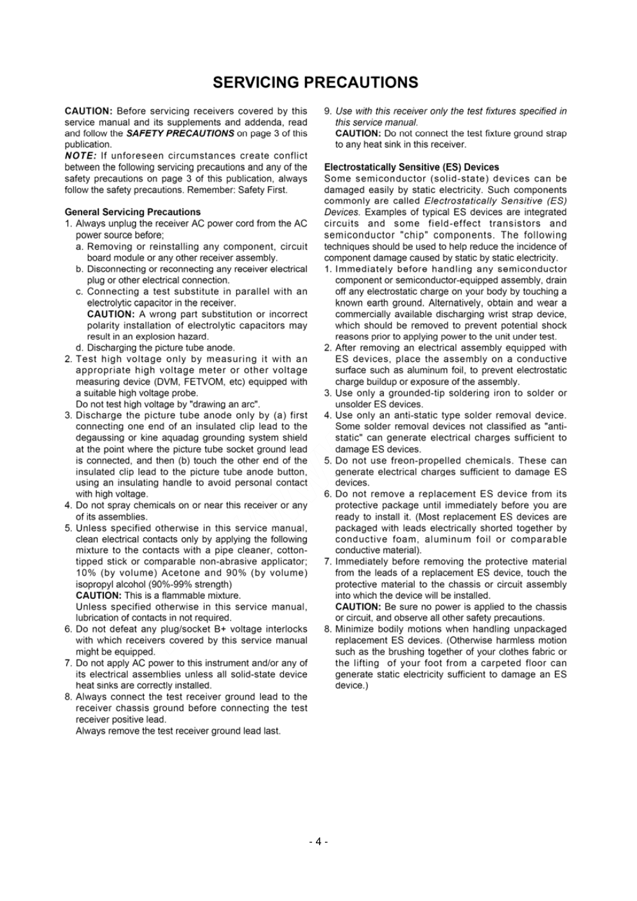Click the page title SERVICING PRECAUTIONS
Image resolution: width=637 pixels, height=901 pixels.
click(315, 83)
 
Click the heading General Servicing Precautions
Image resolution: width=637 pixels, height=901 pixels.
click(132, 212)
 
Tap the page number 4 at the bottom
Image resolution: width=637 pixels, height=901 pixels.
click(318, 841)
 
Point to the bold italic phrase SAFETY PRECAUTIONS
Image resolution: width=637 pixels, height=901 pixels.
click(180, 133)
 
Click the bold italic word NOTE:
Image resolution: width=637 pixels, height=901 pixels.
click(80, 156)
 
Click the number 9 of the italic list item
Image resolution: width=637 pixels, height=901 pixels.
click(327, 111)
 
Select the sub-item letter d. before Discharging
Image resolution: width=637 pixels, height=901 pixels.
click(79, 348)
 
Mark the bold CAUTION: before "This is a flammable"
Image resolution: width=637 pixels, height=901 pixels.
click(98, 596)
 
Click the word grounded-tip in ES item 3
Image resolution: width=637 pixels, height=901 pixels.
click(415, 393)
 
